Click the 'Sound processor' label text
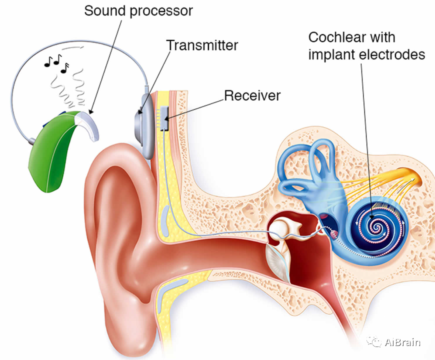138,11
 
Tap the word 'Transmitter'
202,45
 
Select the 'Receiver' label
252,95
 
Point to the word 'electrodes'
391,54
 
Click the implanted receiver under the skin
164,118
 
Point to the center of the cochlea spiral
376,227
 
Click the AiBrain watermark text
402,342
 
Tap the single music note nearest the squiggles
65,68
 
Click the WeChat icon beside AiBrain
374,341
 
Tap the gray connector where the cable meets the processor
31,141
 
